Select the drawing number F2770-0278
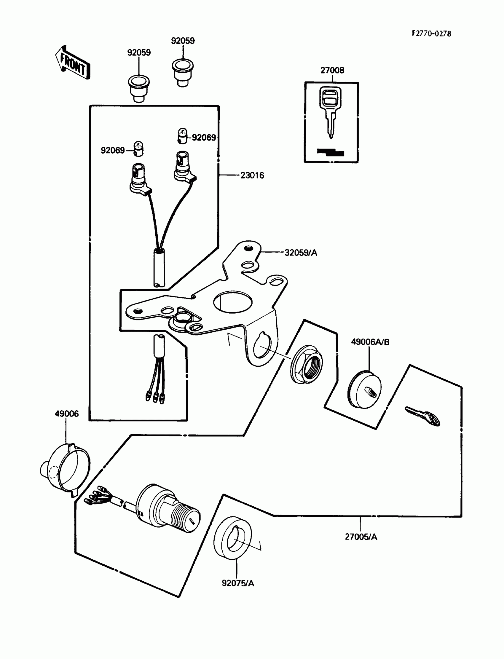tap(431, 33)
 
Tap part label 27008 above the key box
tap(332, 70)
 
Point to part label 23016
tap(252, 175)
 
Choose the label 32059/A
tap(301, 253)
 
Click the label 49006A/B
tap(370, 342)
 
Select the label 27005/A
tap(361, 537)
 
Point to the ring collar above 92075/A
tap(233, 538)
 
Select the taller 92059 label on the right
tap(183, 41)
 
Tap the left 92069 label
tap(112, 150)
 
